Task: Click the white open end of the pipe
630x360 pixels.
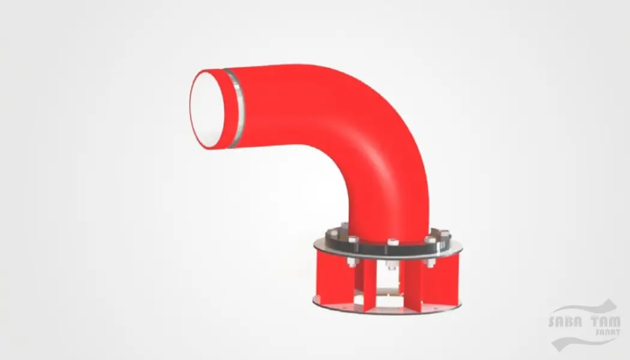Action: pyautogui.click(x=208, y=110)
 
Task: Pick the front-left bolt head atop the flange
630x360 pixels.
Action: pyautogui.click(x=352, y=240)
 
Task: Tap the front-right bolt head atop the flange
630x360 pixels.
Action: pyautogui.click(x=430, y=241)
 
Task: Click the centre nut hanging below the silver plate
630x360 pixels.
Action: pyautogui.click(x=392, y=265)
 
